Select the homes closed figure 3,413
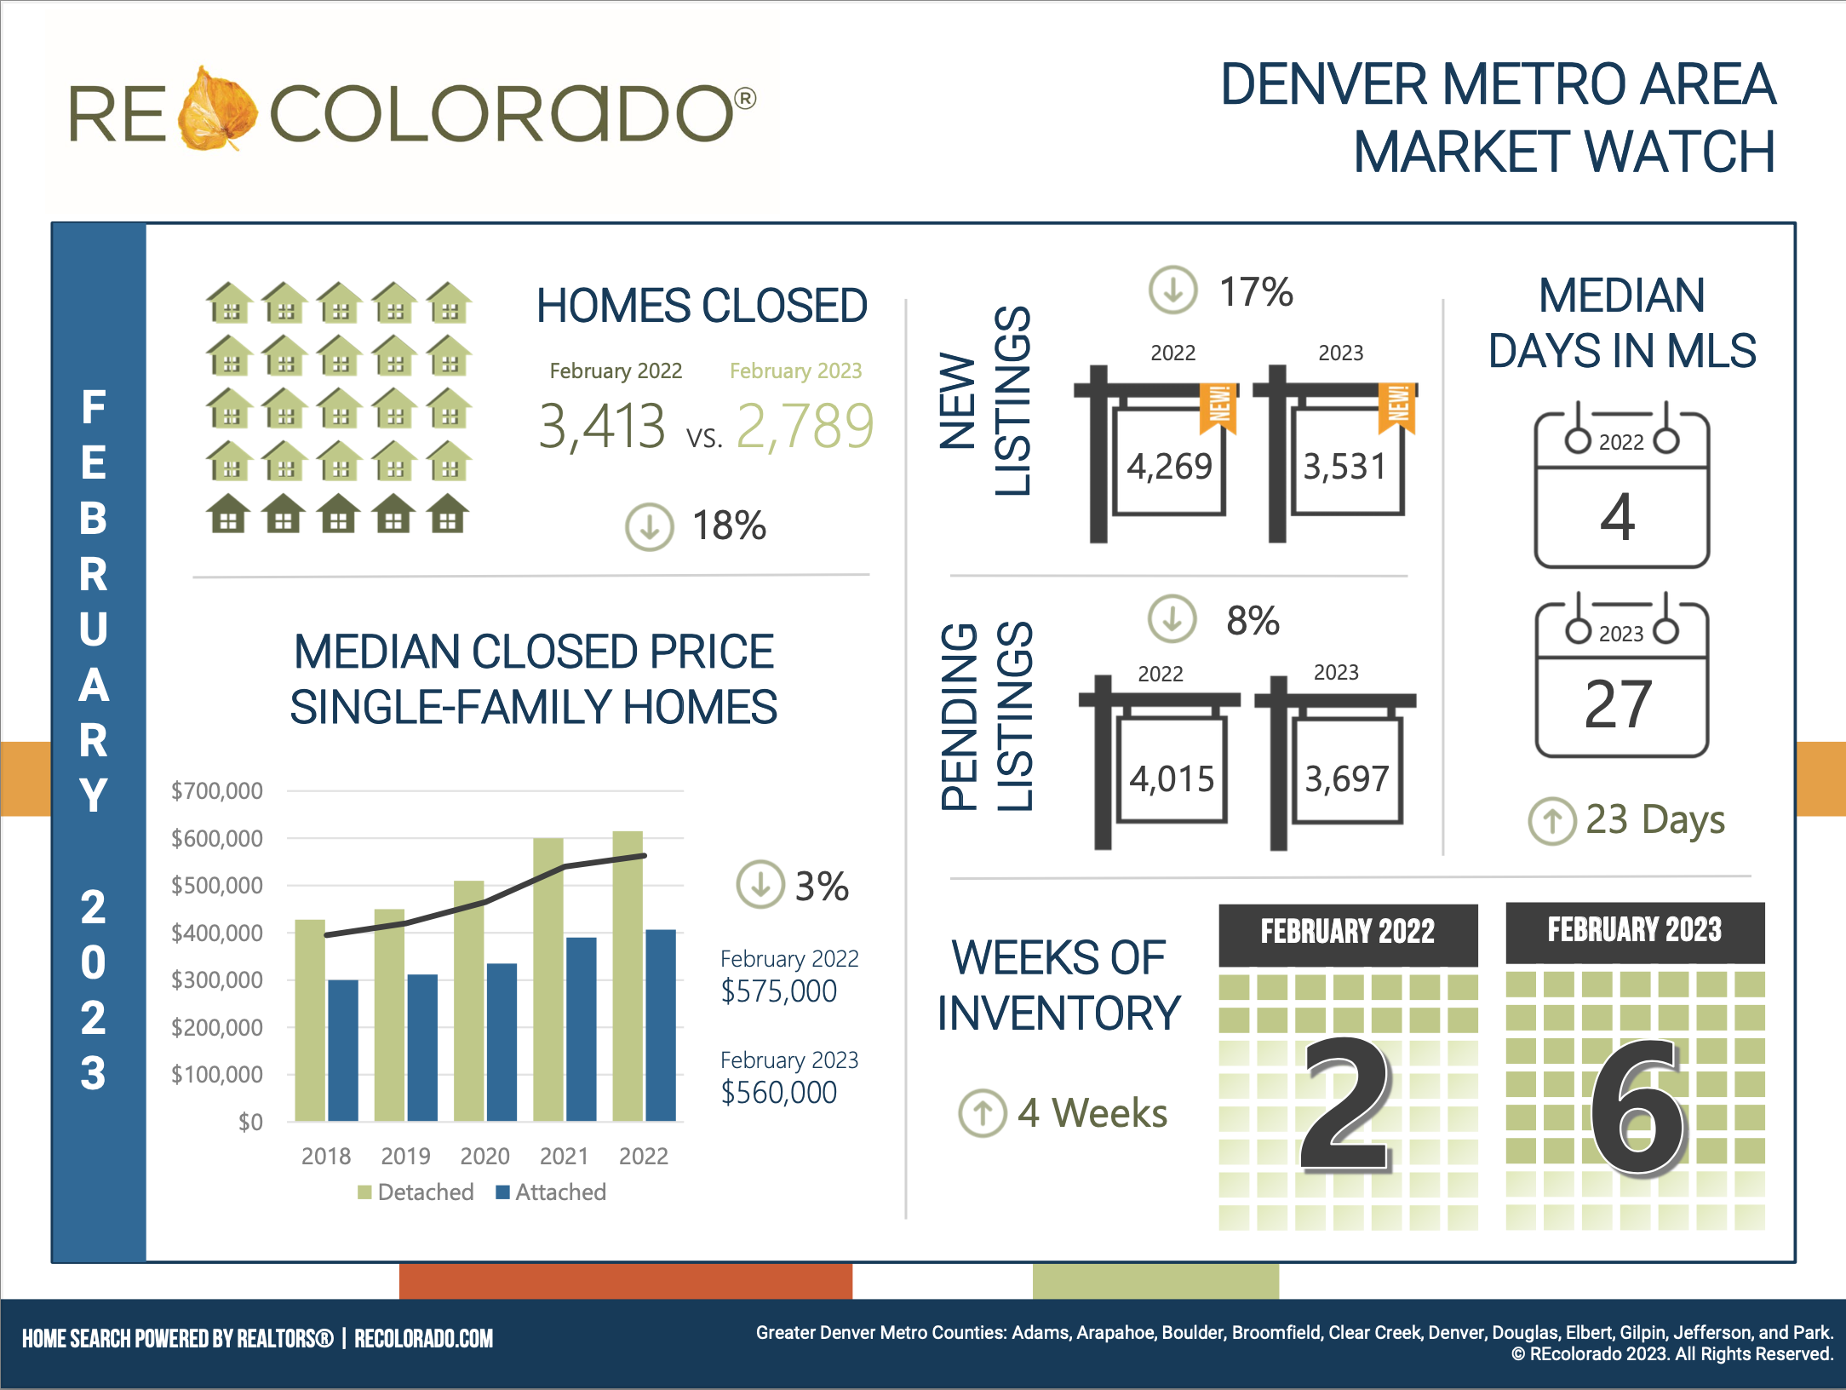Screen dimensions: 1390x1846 (x=602, y=426)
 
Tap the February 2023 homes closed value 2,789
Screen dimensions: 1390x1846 (x=805, y=426)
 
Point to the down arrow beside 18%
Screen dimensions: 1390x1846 (x=650, y=526)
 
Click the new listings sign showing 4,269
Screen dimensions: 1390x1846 (x=1169, y=466)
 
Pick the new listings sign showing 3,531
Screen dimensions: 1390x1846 (x=1345, y=466)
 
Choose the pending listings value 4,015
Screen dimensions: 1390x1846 (x=1172, y=778)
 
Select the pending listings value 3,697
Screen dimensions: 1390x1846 (x=1347, y=778)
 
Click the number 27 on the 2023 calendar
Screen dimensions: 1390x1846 (x=1618, y=705)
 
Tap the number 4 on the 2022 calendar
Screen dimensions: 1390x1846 (x=1618, y=517)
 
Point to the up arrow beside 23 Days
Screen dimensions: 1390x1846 (x=1552, y=821)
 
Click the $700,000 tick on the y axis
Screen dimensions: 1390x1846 (x=217, y=791)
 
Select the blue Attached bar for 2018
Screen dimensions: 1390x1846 (x=343, y=1049)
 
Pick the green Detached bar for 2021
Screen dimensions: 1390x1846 (x=548, y=979)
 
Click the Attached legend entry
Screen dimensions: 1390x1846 (x=552, y=1192)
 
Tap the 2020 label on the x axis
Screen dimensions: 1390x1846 (x=484, y=1157)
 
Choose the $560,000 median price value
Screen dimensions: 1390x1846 (x=778, y=1093)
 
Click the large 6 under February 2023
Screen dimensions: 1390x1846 (x=1637, y=1107)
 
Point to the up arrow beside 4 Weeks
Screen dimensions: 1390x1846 (x=983, y=1113)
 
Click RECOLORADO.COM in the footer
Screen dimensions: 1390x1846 (x=423, y=1339)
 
